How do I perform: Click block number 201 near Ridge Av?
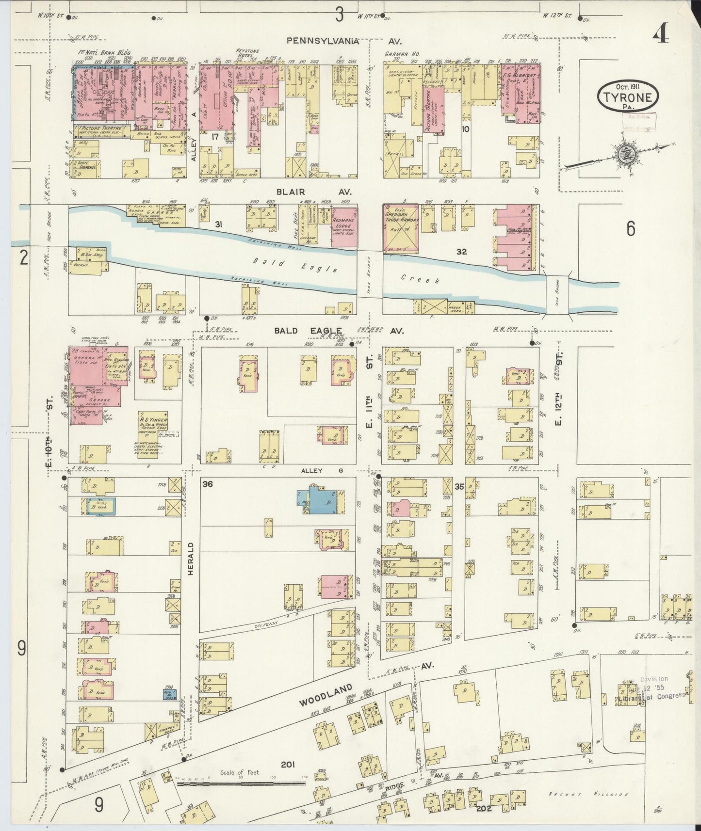pos(288,765)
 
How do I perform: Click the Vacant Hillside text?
pos(589,794)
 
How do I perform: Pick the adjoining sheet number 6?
pos(630,228)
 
